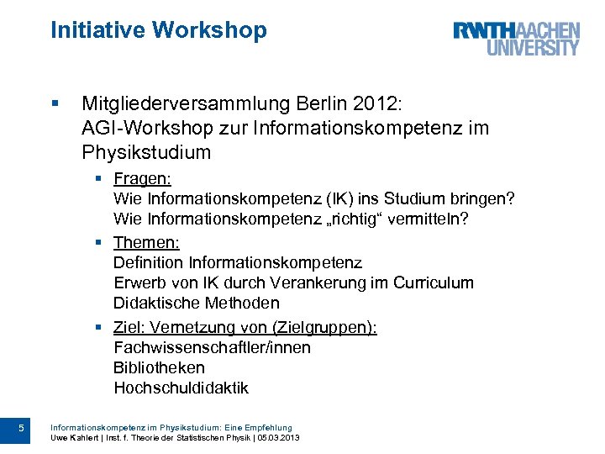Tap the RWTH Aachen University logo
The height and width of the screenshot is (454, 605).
[x=517, y=39]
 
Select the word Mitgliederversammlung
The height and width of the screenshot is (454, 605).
[x=186, y=104]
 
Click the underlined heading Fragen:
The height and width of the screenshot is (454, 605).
[x=142, y=178]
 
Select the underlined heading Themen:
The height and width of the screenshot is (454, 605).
[x=146, y=242]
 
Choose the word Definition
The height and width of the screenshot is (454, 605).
[x=149, y=263]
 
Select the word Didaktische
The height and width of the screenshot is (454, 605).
[x=156, y=304]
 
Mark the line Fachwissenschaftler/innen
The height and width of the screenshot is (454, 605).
[x=212, y=347]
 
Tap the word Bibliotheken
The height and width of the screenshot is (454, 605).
[x=159, y=367]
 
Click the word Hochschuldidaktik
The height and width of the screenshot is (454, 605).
[x=181, y=388]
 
